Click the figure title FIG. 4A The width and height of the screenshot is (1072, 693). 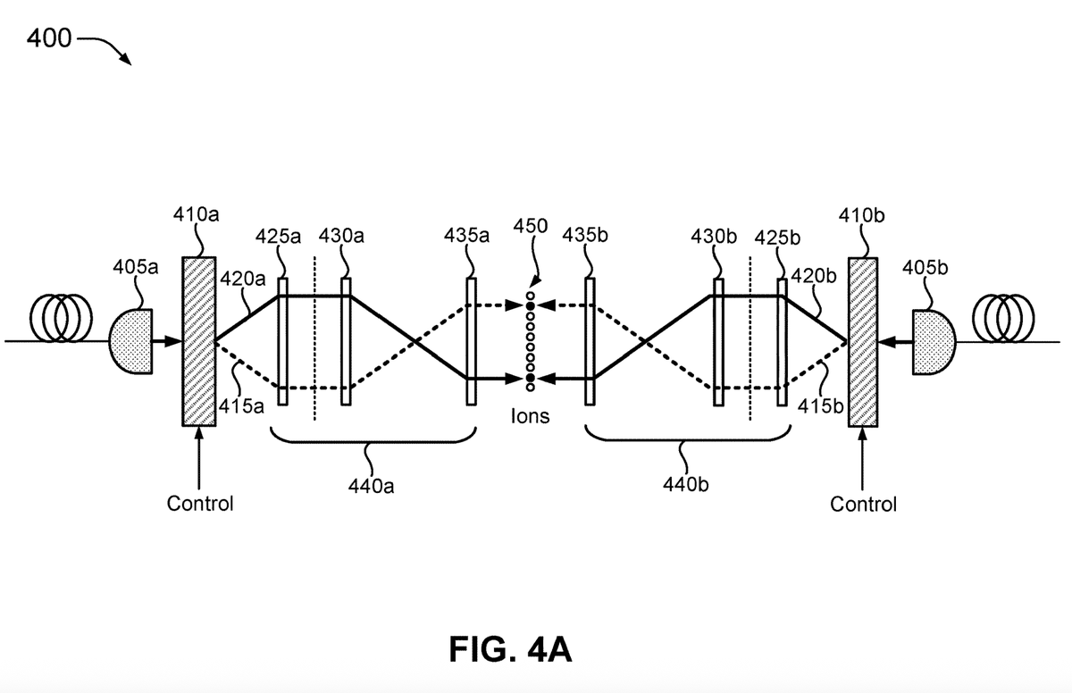coord(510,649)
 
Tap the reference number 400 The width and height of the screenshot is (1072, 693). coord(49,38)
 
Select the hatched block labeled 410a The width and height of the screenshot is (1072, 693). coord(198,341)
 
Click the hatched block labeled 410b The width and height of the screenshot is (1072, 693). coord(863,342)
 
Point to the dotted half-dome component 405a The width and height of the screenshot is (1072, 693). coord(131,341)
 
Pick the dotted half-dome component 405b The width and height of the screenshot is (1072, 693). coord(934,342)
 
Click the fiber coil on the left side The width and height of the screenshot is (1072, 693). coord(61,319)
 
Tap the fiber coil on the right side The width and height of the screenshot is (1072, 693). coord(1003,319)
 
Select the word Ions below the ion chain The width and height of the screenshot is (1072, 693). coord(531,416)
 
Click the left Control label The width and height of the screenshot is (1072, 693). coord(200,504)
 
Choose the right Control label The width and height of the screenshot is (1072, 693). coord(863,505)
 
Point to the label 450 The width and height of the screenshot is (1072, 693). coord(531,226)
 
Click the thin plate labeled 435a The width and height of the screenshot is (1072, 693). coord(472,342)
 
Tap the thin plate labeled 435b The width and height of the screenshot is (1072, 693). coord(590,342)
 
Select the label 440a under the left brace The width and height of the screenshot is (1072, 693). coord(371,487)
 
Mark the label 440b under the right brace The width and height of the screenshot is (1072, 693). coord(686,485)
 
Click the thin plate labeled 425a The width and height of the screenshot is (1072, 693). coord(283,342)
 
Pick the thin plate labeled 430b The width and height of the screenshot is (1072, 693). coord(718,342)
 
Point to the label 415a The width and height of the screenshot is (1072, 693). coord(241,406)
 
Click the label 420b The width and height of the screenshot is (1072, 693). coord(814,276)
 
